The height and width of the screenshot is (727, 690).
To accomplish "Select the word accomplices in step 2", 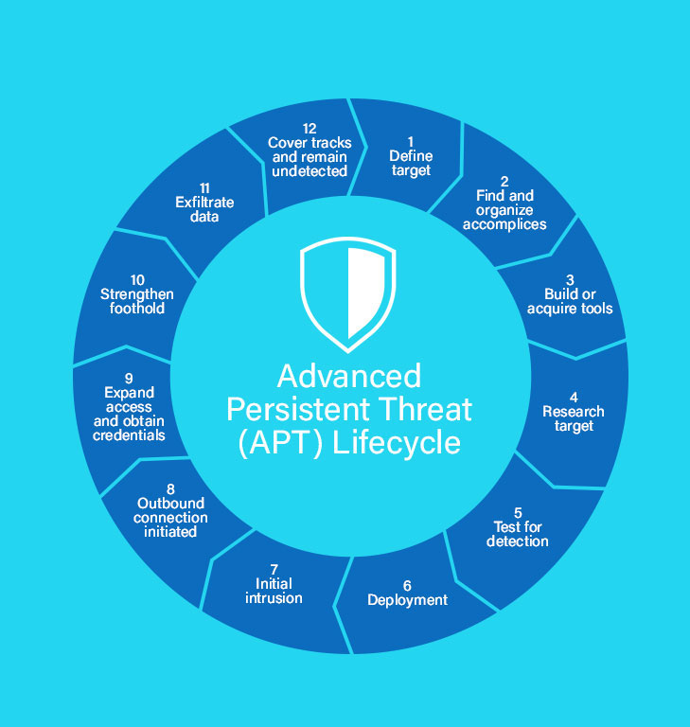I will coord(504,224).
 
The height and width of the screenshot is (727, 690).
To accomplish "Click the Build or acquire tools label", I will coord(570,301).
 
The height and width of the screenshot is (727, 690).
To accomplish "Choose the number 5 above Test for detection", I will coord(518,512).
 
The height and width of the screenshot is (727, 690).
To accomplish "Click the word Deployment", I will coord(407,600).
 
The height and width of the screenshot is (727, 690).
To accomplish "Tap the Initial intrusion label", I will coord(274,591).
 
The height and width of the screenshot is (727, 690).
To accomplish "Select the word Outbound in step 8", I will coord(170,504).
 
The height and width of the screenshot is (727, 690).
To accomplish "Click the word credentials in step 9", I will coord(129,435).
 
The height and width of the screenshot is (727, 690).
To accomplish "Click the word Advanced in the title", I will coord(349,376).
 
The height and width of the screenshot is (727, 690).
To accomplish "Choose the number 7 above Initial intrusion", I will coord(274,569).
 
